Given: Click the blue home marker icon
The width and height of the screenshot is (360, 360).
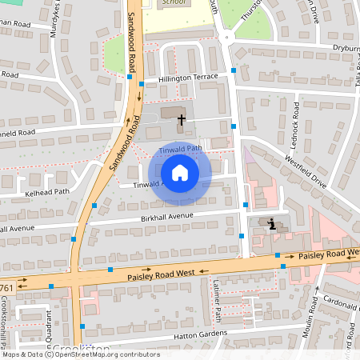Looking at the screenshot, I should [x=179, y=173].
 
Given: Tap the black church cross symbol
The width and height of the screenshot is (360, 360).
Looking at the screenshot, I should [x=182, y=121].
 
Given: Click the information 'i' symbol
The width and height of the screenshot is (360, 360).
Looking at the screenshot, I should [x=273, y=225].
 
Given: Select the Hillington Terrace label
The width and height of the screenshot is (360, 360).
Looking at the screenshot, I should [x=187, y=76].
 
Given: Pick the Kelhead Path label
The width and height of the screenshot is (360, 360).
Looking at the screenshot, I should [x=25, y=192].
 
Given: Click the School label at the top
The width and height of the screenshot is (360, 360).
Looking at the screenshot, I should [x=173, y=3].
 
